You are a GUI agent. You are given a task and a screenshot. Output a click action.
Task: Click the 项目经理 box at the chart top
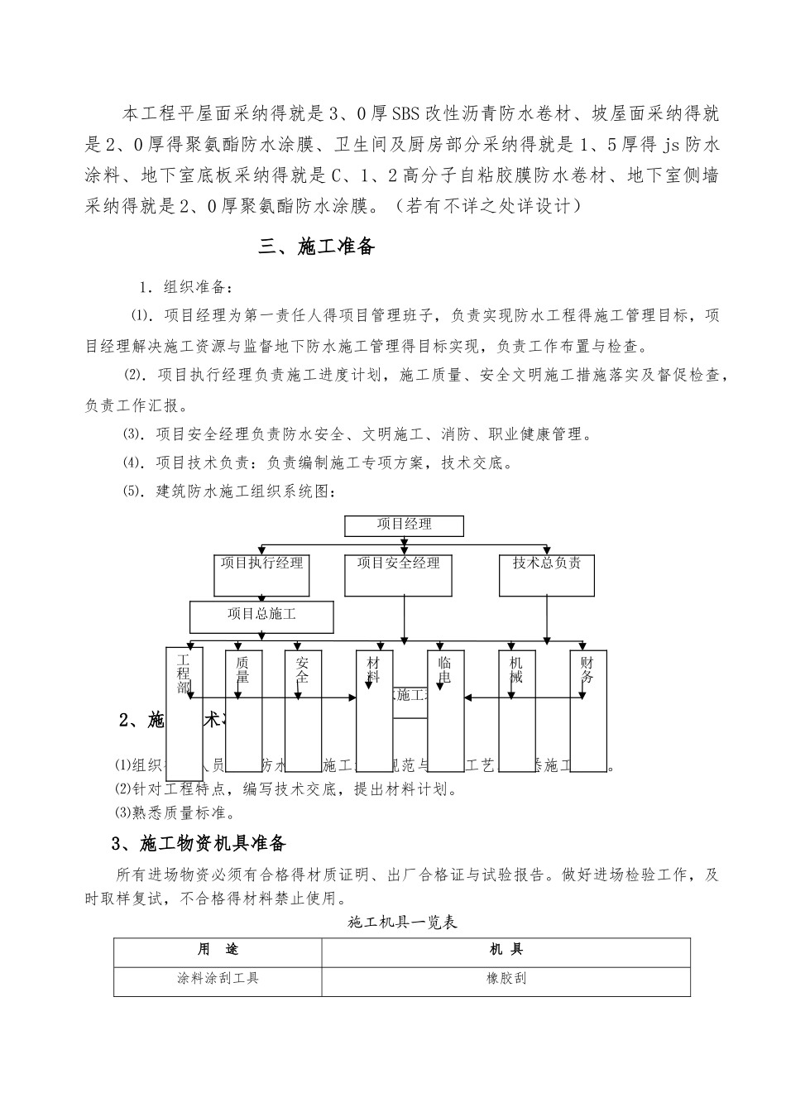coord(404,525)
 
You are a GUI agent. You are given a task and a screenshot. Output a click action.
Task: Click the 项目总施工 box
coord(261,616)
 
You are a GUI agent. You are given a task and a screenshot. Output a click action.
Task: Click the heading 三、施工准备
coord(317,247)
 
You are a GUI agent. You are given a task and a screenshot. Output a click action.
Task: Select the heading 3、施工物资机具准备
coord(199,843)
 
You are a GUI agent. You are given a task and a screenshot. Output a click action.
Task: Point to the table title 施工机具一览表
coord(403,922)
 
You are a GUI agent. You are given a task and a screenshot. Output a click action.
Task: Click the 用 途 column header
coord(218,951)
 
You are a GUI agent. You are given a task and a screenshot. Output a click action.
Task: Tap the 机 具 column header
coord(506,951)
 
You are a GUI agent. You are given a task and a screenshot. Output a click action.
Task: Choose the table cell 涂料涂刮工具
coord(218,979)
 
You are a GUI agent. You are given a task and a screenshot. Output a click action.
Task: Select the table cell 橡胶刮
coord(506,979)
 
